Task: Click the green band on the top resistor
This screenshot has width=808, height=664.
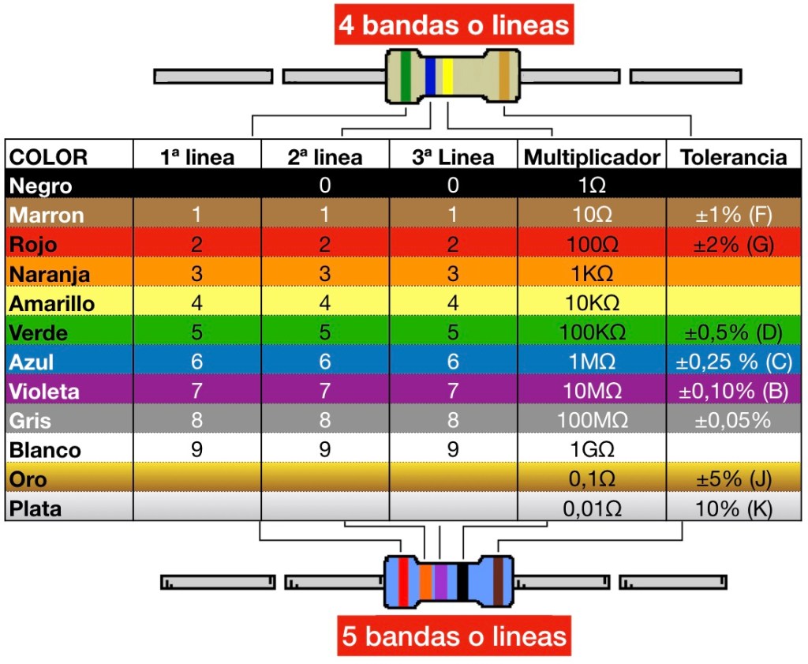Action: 406,76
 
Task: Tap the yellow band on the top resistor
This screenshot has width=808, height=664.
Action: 447,76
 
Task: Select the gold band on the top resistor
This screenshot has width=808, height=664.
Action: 503,76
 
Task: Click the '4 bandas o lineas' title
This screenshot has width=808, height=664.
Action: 454,25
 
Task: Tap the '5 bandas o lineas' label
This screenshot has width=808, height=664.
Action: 454,636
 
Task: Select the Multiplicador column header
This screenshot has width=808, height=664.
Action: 592,157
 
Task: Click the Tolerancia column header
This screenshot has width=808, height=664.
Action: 733,157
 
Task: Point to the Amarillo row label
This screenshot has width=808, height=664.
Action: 52,303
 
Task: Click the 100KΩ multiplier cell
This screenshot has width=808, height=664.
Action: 592,332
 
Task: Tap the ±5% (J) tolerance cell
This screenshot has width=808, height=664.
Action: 733,479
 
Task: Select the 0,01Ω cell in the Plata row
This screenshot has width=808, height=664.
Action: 592,509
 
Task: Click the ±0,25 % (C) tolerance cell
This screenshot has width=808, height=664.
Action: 733,362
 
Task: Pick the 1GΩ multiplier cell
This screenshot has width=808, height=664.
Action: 592,450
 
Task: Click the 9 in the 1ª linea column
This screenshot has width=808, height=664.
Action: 196,450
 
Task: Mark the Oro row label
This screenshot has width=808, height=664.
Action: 28,479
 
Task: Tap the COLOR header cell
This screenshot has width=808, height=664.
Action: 48,157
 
